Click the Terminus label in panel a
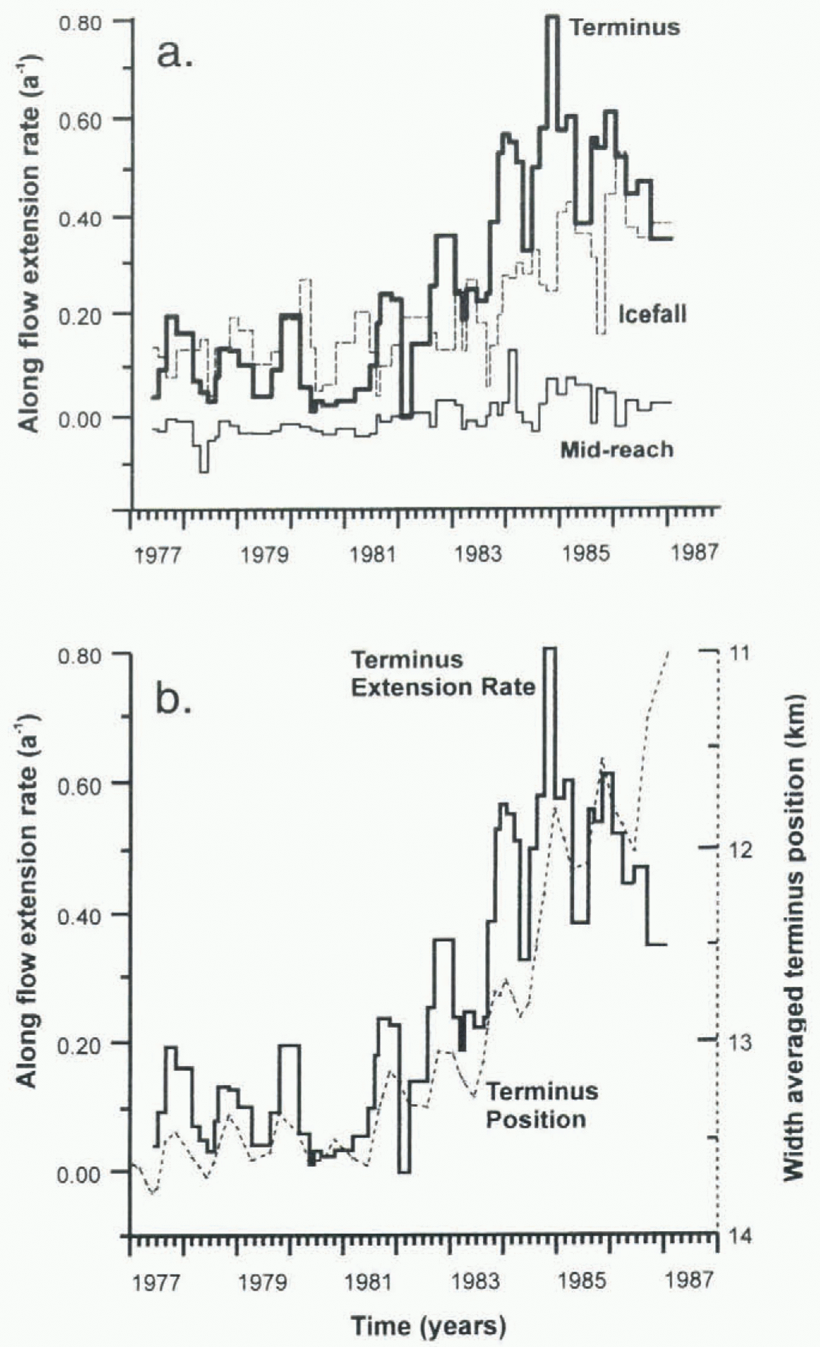pyautogui.click(x=625, y=27)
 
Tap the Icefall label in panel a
pyautogui.click(x=652, y=315)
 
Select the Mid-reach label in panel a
pyautogui.click(x=617, y=449)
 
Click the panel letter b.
pyautogui.click(x=173, y=700)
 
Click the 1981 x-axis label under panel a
pyautogui.click(x=372, y=553)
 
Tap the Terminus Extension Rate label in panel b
pyautogui.click(x=443, y=673)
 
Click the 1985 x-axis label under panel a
pyautogui.click(x=585, y=553)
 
